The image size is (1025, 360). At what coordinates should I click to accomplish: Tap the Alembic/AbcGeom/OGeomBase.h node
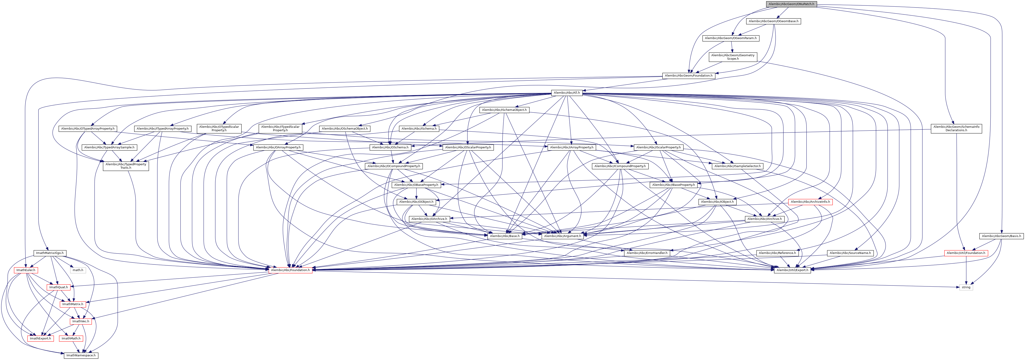(x=773, y=21)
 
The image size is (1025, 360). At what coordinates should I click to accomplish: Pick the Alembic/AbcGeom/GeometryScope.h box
(x=733, y=57)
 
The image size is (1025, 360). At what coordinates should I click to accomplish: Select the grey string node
(x=966, y=287)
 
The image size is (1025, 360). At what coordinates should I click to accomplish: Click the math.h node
(x=77, y=270)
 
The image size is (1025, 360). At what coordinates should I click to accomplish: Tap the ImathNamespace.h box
(x=81, y=355)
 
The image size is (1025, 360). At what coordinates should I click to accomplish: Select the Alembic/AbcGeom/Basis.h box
(x=1001, y=236)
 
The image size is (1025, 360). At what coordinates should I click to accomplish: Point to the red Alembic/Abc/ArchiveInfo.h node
(x=810, y=202)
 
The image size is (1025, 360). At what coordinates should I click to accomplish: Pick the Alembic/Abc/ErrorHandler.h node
(x=647, y=253)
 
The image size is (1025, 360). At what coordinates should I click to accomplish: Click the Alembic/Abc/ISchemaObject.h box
(x=504, y=110)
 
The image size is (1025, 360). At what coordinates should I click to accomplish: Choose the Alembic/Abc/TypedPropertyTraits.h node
(x=126, y=166)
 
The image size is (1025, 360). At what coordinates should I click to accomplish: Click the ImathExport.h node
(x=40, y=339)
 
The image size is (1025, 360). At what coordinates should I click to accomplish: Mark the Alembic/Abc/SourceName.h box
(x=850, y=253)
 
